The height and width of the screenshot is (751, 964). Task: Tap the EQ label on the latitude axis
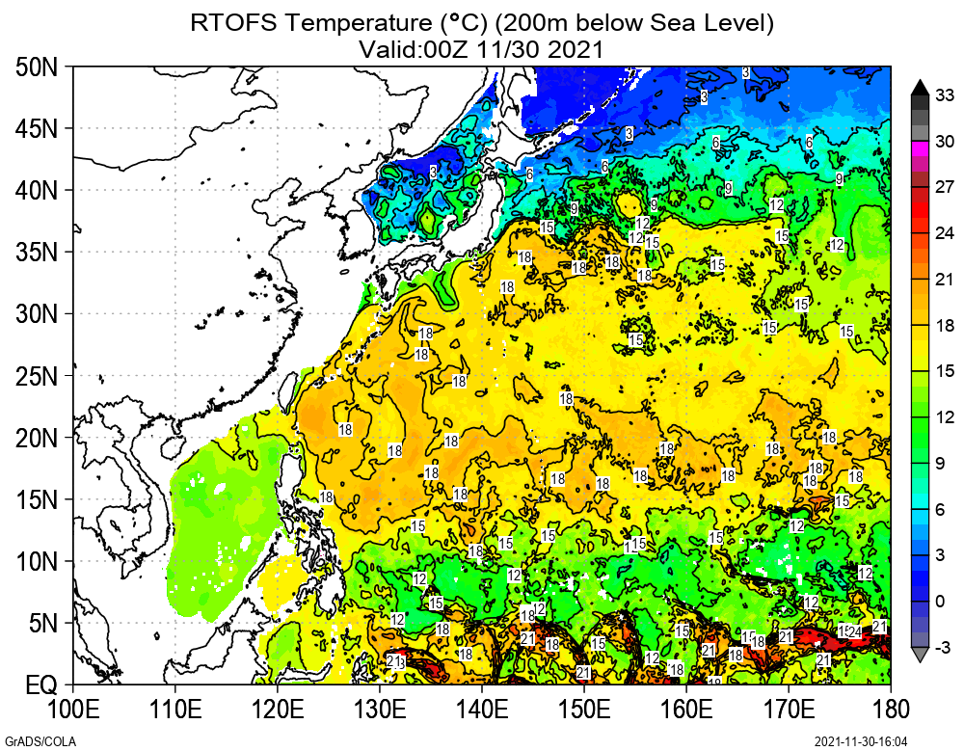coord(40,685)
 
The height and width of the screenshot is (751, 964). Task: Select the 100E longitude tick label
coord(73,711)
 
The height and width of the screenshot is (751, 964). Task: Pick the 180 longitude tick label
coord(890,711)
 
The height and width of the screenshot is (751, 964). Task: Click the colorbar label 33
coord(945,94)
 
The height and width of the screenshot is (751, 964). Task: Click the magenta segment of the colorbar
coord(920,148)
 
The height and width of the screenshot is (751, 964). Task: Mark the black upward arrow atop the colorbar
coord(920,85)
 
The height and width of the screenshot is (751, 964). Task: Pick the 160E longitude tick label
coord(685,711)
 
